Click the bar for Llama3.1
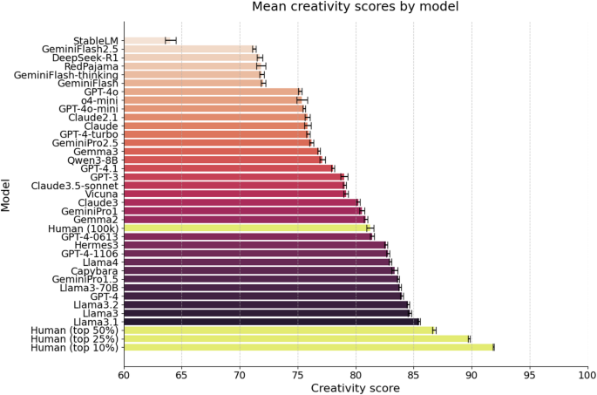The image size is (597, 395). tap(271, 322)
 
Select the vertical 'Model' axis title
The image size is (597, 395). tap(8, 194)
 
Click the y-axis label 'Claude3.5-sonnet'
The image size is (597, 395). tap(75, 185)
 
